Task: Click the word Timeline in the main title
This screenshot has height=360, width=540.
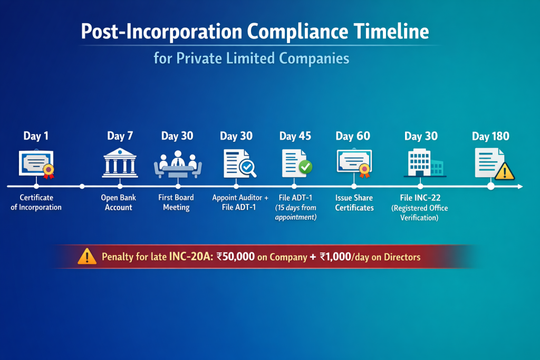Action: click(391, 32)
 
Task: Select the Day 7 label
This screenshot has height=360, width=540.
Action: click(120, 136)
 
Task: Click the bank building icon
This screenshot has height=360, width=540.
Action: click(120, 163)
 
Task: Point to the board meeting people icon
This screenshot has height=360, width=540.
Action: click(178, 164)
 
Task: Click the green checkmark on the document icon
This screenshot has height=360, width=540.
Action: click(305, 167)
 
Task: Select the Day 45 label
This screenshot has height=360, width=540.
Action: click(295, 137)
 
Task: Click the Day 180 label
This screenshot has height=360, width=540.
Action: click(490, 137)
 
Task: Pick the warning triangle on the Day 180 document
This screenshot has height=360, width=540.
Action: click(505, 171)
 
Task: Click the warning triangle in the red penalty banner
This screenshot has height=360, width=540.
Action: click(87, 256)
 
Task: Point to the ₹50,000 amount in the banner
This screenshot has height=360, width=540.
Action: click(236, 257)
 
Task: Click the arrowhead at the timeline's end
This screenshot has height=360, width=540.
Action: click(520, 187)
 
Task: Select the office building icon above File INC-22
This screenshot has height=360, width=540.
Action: click(425, 163)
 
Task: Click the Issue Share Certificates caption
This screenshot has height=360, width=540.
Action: click(354, 203)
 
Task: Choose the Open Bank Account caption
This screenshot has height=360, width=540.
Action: click(119, 202)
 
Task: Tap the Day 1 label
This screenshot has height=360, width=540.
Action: click(36, 136)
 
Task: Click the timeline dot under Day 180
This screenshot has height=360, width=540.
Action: click(491, 187)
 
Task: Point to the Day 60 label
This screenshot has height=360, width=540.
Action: click(353, 137)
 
